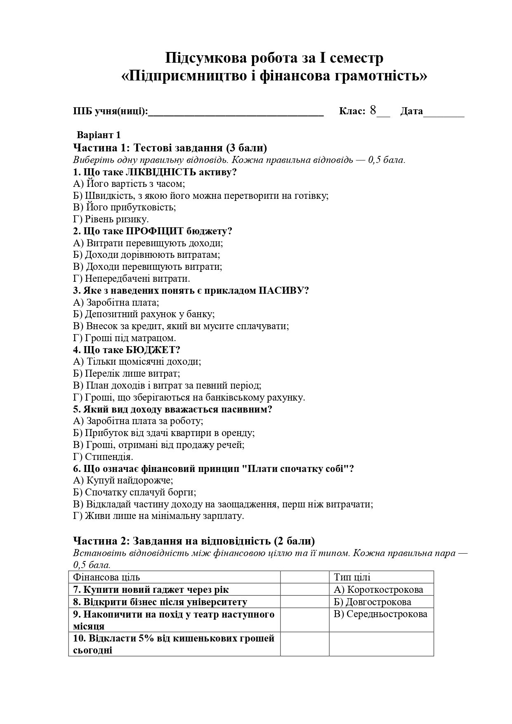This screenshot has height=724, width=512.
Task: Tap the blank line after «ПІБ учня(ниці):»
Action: tap(236, 113)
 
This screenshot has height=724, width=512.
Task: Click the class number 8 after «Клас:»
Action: tap(373, 111)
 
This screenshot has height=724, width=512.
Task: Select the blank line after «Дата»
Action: tap(444, 113)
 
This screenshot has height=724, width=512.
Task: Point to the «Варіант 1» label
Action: tap(99, 135)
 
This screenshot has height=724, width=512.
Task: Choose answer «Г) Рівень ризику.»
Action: tap(111, 219)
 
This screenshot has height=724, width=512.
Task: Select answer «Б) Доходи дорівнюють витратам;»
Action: tap(146, 255)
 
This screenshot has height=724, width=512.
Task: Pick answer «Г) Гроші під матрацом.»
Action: tap(125, 338)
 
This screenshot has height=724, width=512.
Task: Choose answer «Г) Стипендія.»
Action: tap(103, 457)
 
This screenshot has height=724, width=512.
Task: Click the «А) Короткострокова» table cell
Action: tap(378, 590)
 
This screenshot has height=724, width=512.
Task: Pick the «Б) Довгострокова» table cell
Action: tap(372, 602)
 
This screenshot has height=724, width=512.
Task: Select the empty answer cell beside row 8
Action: tap(304, 602)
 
